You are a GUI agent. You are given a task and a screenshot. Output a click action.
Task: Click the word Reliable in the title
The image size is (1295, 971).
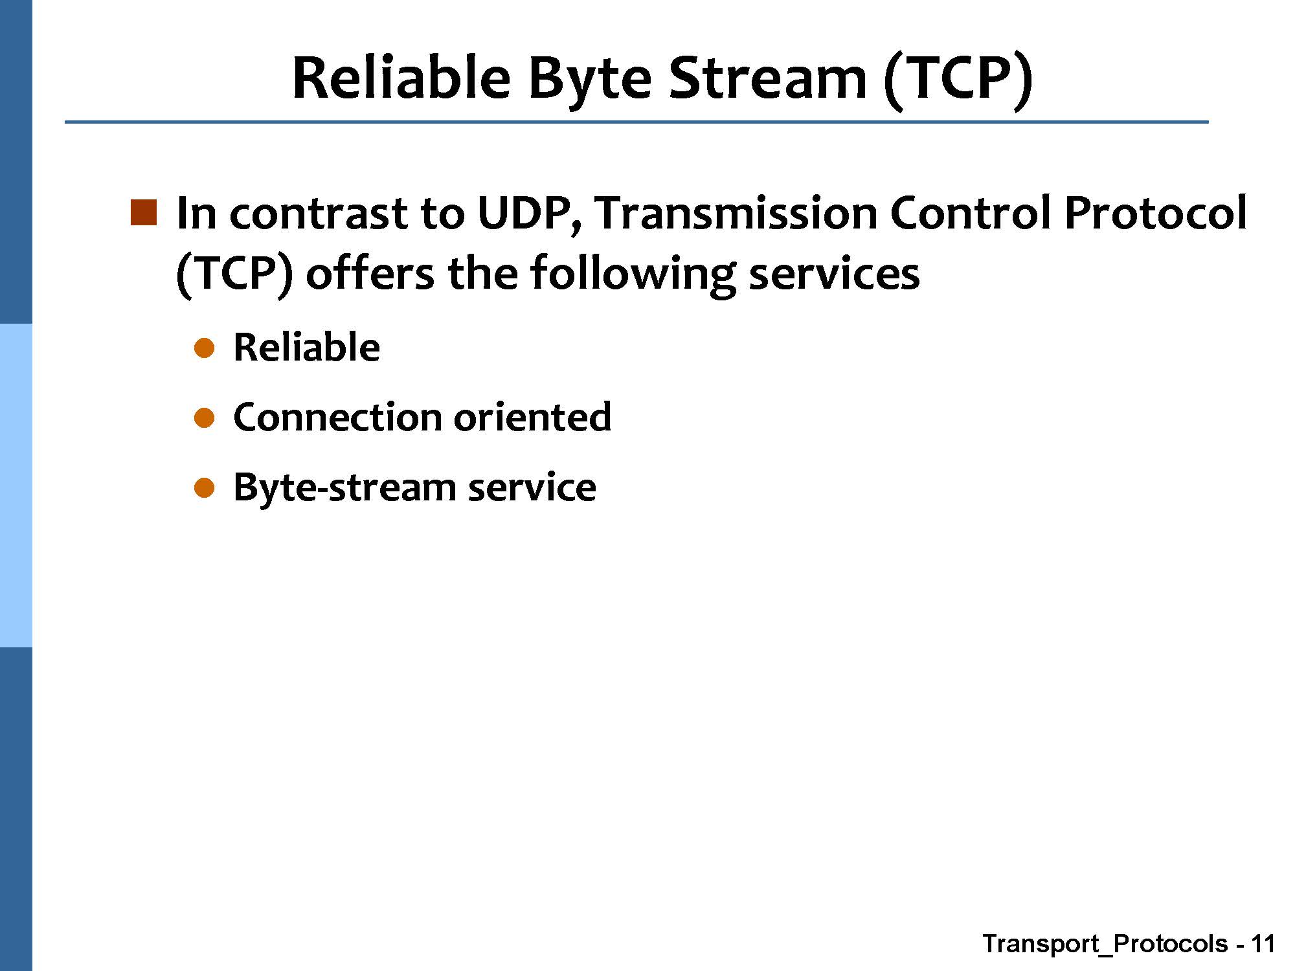pos(401,77)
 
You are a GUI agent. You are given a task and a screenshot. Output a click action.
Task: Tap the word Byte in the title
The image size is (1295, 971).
pos(590,80)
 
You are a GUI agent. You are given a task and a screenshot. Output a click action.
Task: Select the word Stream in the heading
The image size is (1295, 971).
pos(767,77)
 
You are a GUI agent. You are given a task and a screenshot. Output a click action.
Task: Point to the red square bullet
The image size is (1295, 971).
pos(144,213)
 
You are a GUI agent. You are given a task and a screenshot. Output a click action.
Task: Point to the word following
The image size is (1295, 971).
pos(633,274)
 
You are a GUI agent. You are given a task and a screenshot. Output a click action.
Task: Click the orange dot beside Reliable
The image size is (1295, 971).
pos(204,348)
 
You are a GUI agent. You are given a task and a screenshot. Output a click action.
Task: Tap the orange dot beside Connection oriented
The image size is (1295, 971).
pos(204,418)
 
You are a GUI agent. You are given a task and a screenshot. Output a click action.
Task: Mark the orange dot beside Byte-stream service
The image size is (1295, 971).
pos(204,488)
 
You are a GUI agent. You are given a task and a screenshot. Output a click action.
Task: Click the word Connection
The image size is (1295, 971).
pos(336,416)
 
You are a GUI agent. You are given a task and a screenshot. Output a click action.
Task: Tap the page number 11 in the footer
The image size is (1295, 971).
pos(1263,944)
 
